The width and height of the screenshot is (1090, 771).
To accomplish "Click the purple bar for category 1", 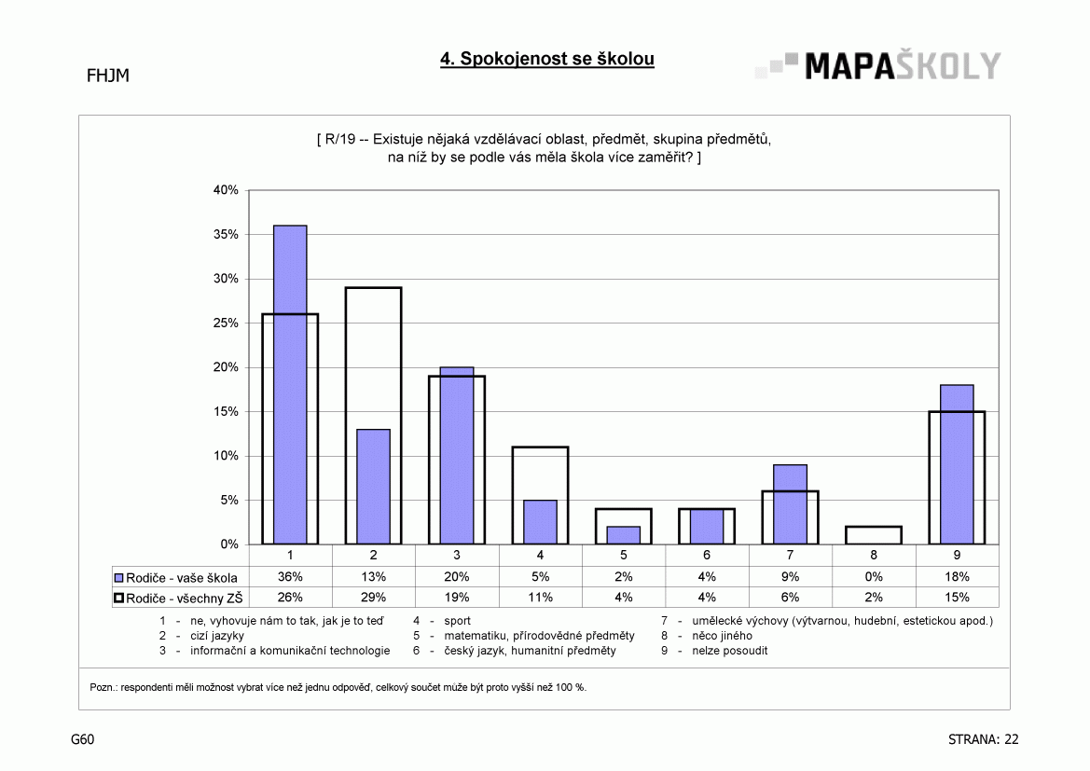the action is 290,384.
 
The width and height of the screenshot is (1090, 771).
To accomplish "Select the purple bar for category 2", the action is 373,487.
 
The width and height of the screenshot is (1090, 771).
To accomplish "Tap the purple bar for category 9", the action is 958,464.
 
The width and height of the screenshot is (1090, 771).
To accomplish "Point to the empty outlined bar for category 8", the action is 874,527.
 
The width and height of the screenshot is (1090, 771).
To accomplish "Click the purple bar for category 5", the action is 624,535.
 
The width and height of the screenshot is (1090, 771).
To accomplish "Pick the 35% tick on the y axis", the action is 226,234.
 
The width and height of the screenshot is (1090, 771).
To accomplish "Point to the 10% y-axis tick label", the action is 226,456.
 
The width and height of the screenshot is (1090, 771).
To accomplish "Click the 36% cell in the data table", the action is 290,577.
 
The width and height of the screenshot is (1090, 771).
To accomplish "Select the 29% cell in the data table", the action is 373,598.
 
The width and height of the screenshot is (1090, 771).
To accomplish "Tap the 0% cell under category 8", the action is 874,577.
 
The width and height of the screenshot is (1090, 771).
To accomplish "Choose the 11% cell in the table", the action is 540,598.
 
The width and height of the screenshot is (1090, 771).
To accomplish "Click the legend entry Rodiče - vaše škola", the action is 176,578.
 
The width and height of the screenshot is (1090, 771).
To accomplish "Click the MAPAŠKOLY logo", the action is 878,66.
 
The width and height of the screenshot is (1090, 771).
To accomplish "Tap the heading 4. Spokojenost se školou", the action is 547,59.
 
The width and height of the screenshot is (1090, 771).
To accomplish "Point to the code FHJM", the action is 108,76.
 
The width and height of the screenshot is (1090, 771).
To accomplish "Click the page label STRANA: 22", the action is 983,739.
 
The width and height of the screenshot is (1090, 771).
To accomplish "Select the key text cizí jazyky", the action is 217,636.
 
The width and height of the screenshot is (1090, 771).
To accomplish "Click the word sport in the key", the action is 458,621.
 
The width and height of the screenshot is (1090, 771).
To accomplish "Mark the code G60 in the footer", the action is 83,739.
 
